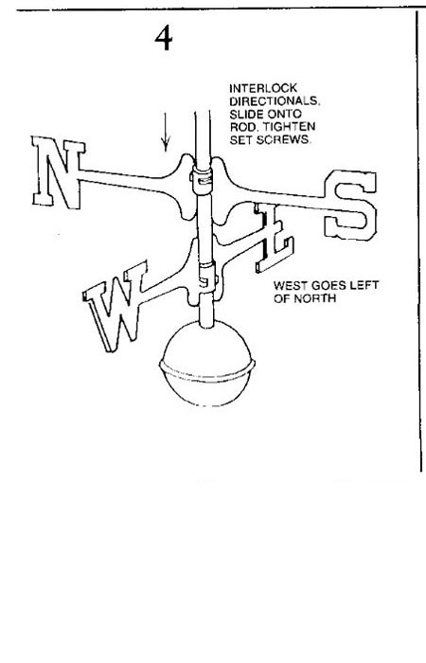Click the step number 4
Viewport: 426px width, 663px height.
[x=163, y=38]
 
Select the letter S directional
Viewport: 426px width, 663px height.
[x=350, y=205]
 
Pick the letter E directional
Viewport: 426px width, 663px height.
[x=274, y=237]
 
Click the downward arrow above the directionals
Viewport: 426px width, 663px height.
[x=166, y=132]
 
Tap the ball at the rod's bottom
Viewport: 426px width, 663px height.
[x=207, y=363]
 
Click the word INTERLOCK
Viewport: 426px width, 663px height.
[x=263, y=88]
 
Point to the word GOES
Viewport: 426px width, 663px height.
[x=328, y=285]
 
